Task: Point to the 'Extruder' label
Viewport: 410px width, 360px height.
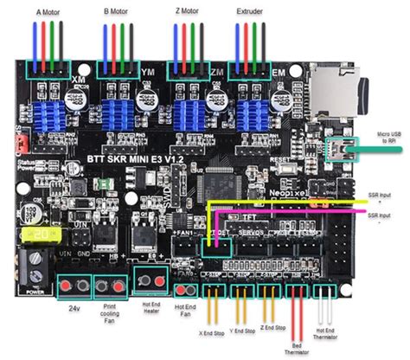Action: [x=251, y=12]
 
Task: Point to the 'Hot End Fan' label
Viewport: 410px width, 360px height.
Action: [x=185, y=309]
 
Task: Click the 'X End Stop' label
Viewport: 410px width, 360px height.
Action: [x=213, y=331]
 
